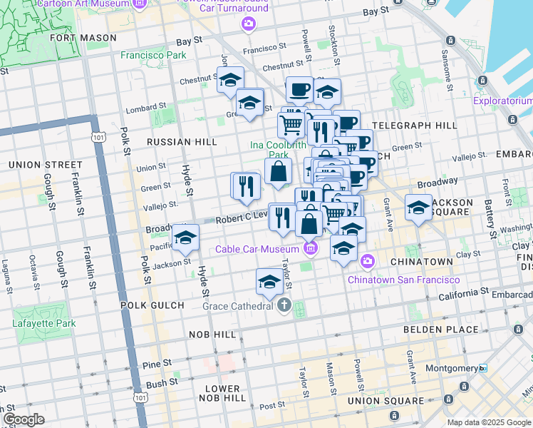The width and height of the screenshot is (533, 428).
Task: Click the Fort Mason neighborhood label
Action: (83, 38)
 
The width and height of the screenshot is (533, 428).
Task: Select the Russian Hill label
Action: (181, 142)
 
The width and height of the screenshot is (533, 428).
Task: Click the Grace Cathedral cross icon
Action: (284, 306)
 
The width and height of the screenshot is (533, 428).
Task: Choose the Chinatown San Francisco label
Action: (403, 280)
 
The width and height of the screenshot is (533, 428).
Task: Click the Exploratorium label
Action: (503, 101)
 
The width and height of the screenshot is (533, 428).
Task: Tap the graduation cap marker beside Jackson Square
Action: (418, 208)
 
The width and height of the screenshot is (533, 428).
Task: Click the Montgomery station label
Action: (457, 368)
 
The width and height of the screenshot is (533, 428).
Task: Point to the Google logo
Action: (24, 419)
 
